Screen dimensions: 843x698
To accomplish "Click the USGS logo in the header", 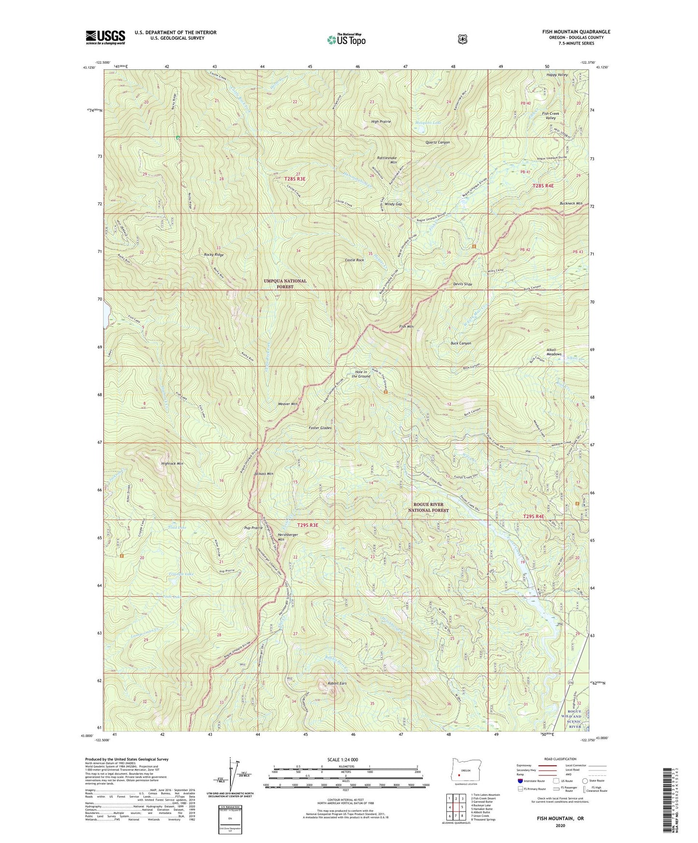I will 105,37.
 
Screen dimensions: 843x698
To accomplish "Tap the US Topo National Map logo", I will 346,40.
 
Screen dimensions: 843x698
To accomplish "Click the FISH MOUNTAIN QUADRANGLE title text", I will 576,32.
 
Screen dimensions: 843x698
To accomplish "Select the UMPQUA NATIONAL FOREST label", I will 285,284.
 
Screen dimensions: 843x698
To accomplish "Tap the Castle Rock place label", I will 354,260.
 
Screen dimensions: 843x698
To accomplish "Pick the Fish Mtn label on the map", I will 406,327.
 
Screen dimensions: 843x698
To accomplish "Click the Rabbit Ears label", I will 337,684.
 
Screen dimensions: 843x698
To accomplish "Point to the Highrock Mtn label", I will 172,464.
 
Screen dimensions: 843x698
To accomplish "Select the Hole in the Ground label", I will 362,374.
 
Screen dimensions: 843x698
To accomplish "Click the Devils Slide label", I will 462,284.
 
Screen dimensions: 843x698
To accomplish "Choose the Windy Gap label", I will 394,204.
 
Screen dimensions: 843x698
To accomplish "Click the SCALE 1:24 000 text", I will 342,760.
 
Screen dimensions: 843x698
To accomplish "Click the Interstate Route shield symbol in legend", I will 520,780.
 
